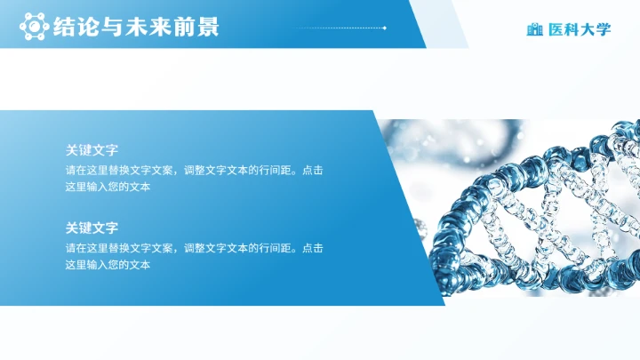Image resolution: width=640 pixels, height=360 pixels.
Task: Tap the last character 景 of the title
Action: pyautogui.click(x=208, y=28)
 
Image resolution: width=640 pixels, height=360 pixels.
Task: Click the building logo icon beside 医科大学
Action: pyautogui.click(x=534, y=29)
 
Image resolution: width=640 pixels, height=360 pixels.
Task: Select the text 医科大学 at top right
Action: pyautogui.click(x=580, y=29)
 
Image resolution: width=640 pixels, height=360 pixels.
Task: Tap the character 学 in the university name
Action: pyautogui.click(x=604, y=29)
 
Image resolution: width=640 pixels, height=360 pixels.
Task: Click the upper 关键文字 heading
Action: pyautogui.click(x=92, y=151)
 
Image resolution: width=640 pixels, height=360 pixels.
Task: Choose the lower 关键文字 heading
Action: pyautogui.click(x=92, y=228)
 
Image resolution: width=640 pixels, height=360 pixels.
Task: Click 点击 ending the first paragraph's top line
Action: pyautogui.click(x=313, y=171)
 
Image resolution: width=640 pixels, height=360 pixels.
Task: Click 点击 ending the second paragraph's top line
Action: pyautogui.click(x=313, y=248)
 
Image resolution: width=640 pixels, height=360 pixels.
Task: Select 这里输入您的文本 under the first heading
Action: pyautogui.click(x=108, y=188)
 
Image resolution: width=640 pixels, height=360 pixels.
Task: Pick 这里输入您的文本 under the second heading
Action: pyautogui.click(x=108, y=265)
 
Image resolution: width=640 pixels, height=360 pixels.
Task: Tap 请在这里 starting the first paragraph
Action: pyautogui.click(x=86, y=171)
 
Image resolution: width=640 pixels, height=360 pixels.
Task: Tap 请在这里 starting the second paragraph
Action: pyautogui.click(x=86, y=248)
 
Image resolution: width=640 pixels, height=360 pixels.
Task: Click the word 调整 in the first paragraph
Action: pyautogui.click(x=194, y=171)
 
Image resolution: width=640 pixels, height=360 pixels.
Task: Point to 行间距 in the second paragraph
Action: pyautogui.click(x=275, y=248)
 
